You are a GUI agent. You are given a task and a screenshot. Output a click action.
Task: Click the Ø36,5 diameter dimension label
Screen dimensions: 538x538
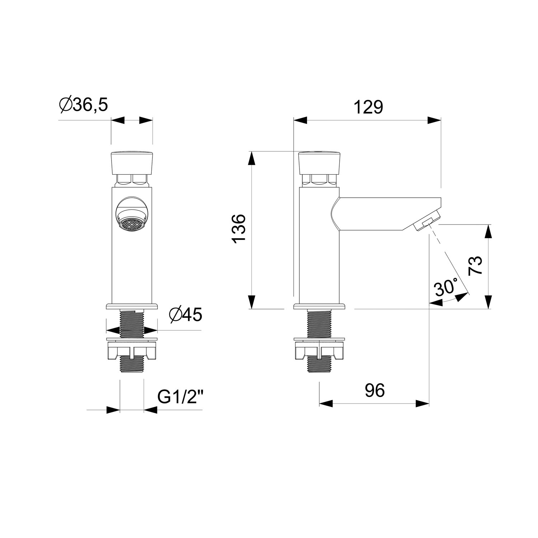(x=84, y=105)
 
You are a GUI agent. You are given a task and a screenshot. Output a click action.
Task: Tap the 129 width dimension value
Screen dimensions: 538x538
(x=368, y=107)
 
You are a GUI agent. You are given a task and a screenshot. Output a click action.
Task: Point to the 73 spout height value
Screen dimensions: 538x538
(x=476, y=266)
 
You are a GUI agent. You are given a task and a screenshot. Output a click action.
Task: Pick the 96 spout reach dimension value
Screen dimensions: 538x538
(x=375, y=390)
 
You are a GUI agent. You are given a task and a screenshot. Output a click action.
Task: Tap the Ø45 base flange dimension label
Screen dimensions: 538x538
(x=185, y=315)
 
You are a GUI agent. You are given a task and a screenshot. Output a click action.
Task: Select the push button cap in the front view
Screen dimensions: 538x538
(x=132, y=163)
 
